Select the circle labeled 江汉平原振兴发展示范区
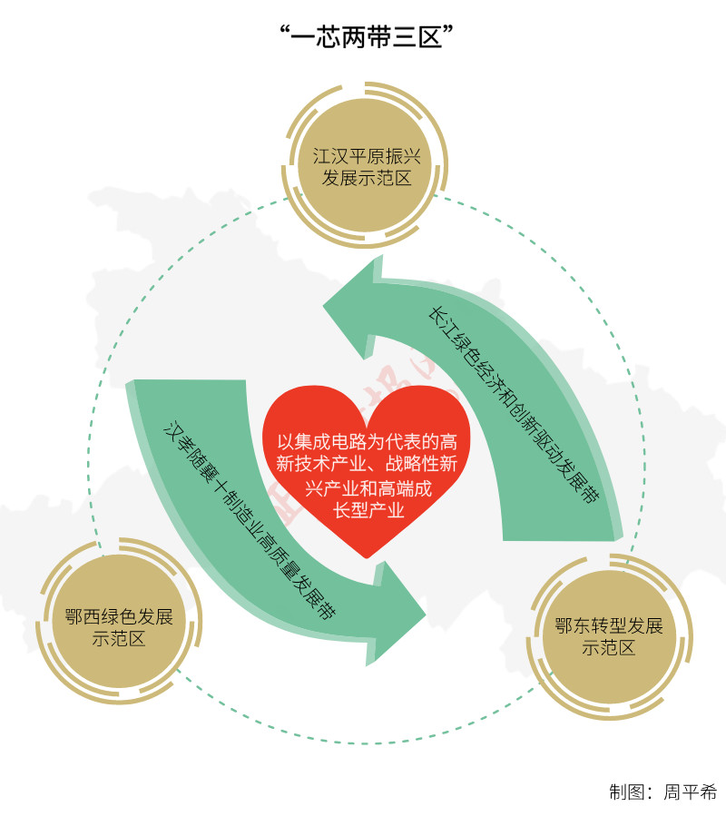point(367,164)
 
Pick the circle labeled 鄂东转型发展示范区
point(609,636)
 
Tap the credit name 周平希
point(690,792)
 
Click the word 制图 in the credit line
point(627,792)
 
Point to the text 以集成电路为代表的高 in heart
point(367,442)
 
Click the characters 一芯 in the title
point(313,37)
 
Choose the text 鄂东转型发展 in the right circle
point(609,626)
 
